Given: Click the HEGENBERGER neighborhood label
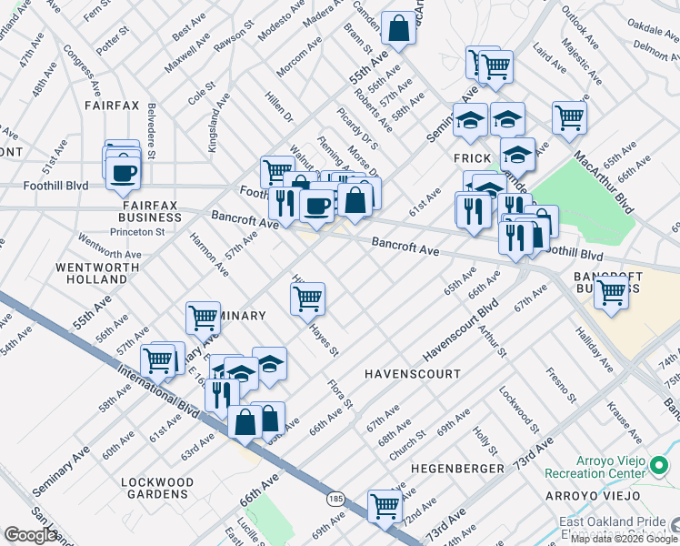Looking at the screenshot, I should click(457, 468).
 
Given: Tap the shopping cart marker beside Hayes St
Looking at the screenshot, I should click(308, 298).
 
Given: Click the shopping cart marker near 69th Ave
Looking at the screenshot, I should click(385, 505).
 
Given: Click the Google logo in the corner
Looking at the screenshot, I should click(31, 535).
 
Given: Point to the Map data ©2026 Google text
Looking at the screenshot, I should click(624, 539).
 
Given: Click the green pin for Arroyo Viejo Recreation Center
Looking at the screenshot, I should click(660, 468).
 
